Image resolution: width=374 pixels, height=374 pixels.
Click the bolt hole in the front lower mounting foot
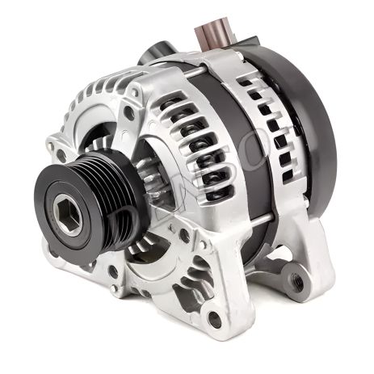point(215,319)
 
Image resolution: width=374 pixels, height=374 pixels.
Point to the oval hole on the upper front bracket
point(129,113)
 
